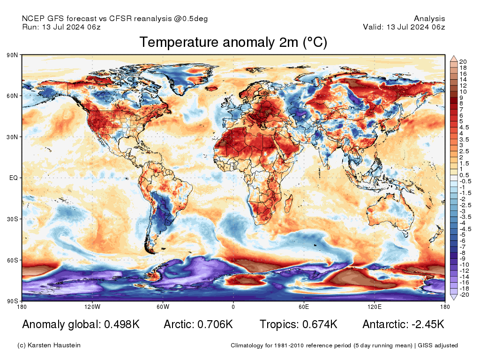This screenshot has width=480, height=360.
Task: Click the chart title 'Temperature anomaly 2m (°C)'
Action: [x=233, y=42]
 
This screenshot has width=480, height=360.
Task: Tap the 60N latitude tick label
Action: [x=12, y=96]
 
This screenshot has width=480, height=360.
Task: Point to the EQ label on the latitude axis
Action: [x=14, y=178]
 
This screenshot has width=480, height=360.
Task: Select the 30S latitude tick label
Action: [x=12, y=219]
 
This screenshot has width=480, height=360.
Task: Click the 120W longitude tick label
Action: [x=92, y=307]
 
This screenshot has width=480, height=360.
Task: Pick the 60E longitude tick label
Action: [x=304, y=307]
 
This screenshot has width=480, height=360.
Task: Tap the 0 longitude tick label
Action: [x=233, y=307]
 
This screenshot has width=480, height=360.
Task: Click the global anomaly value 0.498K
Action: [x=122, y=324]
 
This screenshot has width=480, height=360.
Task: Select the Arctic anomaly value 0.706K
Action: [x=215, y=324]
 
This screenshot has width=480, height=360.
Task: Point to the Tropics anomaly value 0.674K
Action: [x=320, y=324]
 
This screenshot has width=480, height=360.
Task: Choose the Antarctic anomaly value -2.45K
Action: [x=428, y=324]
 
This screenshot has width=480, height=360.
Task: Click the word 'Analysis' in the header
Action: [x=429, y=19]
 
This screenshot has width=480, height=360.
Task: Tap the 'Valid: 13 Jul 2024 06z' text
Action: [x=404, y=27]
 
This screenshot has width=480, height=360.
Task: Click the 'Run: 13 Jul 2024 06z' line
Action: [x=61, y=27]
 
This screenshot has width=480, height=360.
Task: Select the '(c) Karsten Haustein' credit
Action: [x=49, y=345]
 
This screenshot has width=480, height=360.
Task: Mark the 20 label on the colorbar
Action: [x=463, y=62]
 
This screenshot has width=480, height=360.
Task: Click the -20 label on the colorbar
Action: [x=464, y=295]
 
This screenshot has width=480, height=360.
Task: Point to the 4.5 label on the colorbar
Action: [x=464, y=127]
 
